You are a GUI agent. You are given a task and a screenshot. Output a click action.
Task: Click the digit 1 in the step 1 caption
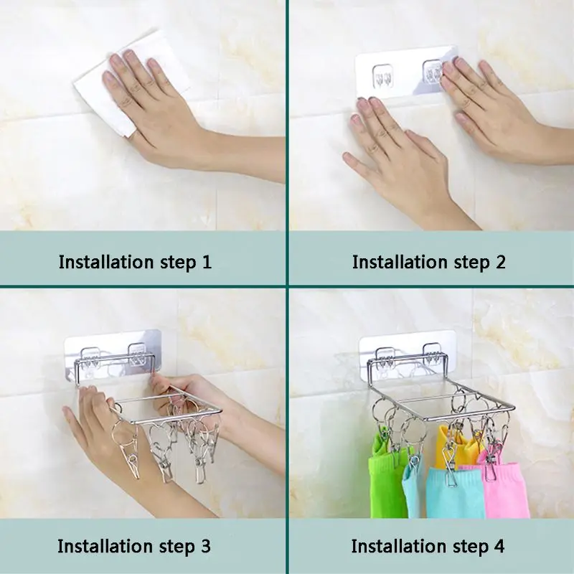(x=207, y=262)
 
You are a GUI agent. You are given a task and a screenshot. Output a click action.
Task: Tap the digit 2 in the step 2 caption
(x=500, y=262)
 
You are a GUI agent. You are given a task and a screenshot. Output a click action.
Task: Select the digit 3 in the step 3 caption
(x=205, y=546)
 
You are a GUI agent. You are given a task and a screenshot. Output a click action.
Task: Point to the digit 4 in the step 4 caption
(x=499, y=546)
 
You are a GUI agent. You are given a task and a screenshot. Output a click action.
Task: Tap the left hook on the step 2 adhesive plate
(x=382, y=77)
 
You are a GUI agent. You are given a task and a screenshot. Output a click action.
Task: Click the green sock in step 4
(x=385, y=472)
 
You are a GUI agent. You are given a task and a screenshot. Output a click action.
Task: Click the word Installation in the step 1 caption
(x=106, y=262)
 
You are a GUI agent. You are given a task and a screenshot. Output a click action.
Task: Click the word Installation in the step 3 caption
(x=105, y=546)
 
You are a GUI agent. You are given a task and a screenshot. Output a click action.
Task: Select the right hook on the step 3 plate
(x=137, y=353)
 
